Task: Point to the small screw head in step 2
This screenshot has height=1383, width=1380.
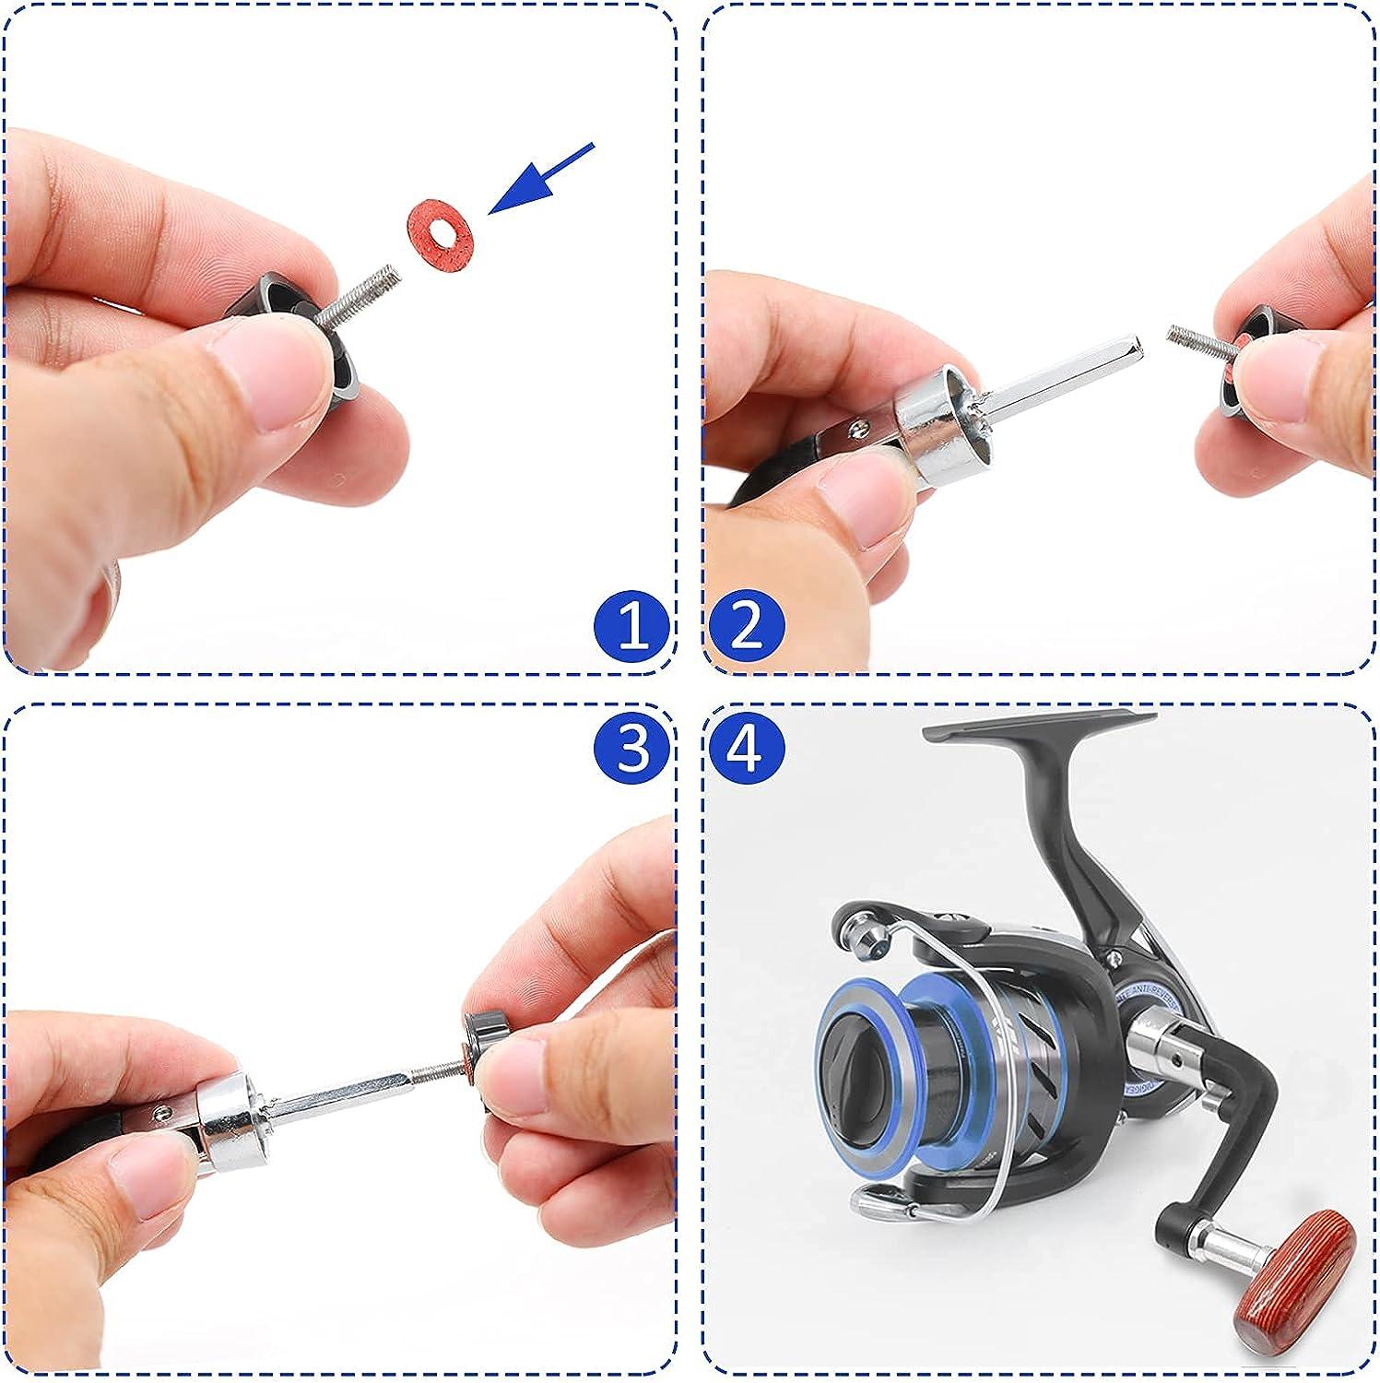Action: (x=858, y=426)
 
